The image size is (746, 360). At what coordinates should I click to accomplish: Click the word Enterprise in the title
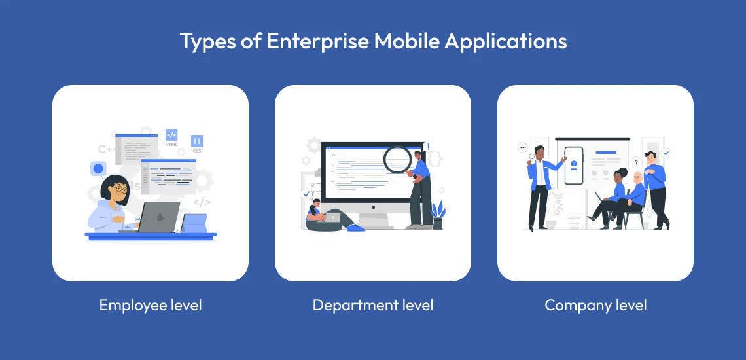[x=308, y=41]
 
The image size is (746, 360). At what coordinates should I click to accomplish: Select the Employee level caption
[x=151, y=305]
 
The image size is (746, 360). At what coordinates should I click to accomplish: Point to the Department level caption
[x=373, y=305]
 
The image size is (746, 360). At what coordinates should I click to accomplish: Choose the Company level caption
[x=595, y=305]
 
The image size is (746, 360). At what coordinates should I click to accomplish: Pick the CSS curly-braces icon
[x=197, y=141]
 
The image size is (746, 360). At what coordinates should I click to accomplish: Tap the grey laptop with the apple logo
[x=158, y=217]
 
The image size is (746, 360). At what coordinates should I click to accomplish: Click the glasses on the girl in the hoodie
[x=119, y=189]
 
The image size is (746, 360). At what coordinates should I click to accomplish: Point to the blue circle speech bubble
[x=98, y=169]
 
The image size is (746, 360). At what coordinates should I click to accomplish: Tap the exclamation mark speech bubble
[x=428, y=147]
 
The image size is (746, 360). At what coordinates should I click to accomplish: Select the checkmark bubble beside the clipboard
[x=306, y=194]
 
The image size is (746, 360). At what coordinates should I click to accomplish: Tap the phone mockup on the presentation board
[x=574, y=164]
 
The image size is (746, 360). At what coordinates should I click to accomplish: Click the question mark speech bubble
[x=635, y=162]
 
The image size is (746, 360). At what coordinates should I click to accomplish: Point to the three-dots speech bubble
[x=522, y=148]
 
